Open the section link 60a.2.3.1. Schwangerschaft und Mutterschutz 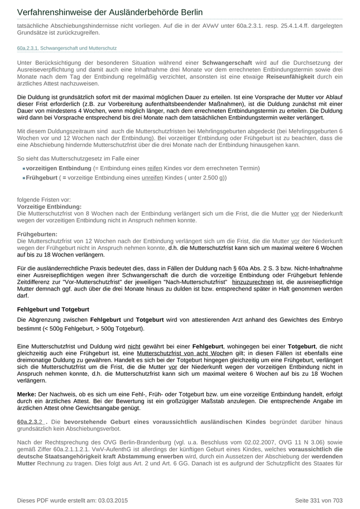(x=67, y=48)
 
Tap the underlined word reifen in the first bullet (x=155, y=169)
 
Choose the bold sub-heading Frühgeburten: (x=37, y=234)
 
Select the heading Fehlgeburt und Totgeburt (x=53, y=310)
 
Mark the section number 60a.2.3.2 (x=33, y=422)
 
